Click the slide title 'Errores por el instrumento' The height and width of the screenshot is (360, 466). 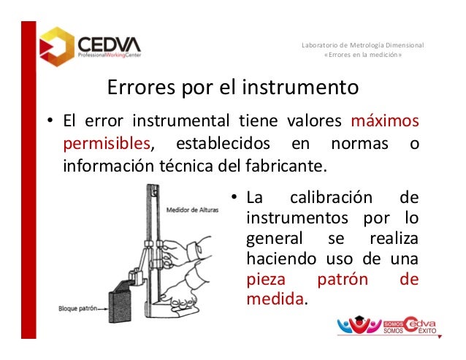[233, 88]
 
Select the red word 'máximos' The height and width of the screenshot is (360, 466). [384, 120]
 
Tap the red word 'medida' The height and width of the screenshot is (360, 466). [275, 299]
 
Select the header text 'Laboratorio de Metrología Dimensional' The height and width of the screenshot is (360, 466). [362, 48]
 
